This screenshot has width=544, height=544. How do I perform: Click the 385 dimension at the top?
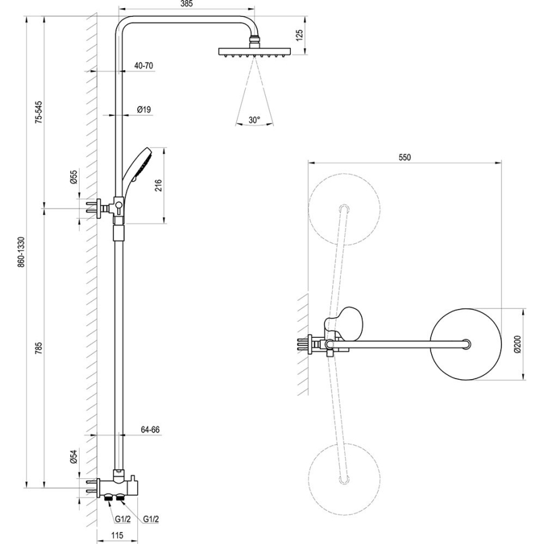click(187, 4)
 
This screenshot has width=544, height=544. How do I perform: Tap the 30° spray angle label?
click(254, 119)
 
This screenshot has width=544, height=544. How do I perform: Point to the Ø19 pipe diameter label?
click(144, 110)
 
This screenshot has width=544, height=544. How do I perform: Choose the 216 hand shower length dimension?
click(159, 185)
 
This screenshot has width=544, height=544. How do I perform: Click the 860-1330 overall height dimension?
click(21, 253)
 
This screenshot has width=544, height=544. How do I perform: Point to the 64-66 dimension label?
click(150, 430)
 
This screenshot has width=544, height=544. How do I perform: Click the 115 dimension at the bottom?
click(113, 535)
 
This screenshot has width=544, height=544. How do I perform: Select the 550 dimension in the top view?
click(404, 158)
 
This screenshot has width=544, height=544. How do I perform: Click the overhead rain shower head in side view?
click(254, 52)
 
